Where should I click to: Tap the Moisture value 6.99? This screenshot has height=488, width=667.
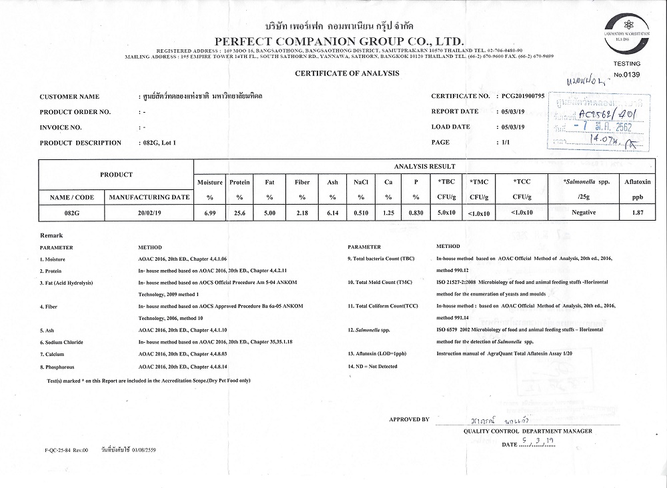210,212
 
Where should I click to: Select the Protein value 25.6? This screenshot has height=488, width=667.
239,212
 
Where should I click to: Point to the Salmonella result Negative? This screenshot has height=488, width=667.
584,212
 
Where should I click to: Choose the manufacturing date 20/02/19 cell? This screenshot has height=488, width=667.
149,212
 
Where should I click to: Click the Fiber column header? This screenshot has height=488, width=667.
302,181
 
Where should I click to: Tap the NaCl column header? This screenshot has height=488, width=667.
360,181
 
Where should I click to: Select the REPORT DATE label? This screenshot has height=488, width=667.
455,111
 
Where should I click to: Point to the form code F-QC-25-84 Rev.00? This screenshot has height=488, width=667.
62,450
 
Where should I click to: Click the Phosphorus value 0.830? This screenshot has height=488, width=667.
416,212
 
